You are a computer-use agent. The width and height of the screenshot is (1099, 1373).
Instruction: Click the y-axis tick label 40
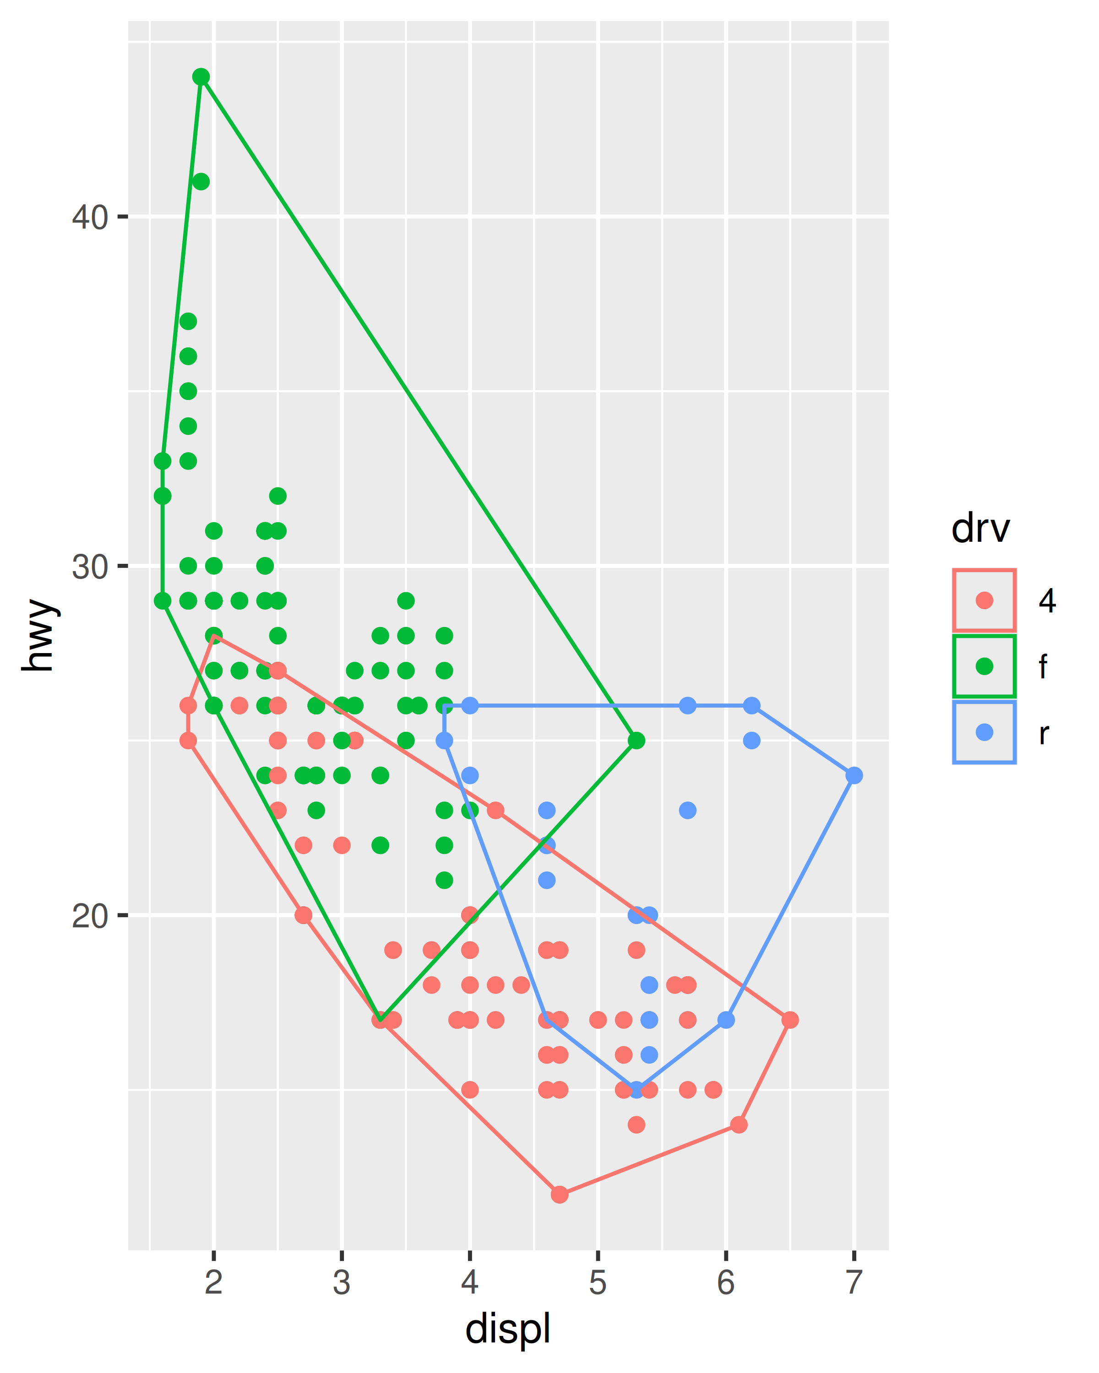pos(89,217)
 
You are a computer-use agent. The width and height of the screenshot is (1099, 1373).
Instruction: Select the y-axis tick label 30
pos(89,566)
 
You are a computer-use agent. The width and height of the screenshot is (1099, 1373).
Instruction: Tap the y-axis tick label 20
pos(89,916)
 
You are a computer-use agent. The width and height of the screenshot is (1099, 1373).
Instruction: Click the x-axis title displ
pos(508,1330)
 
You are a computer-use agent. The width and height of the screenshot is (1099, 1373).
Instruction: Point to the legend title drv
pos(980,529)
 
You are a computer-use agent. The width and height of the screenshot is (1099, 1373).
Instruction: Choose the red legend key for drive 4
pos(985,600)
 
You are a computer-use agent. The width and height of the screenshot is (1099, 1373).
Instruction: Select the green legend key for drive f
pos(985,666)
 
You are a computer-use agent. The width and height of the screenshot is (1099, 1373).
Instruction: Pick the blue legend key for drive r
pos(985,732)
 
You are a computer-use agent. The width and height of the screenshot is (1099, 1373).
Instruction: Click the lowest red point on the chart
pos(560,1195)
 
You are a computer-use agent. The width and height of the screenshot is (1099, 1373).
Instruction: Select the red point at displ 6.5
pos(790,1020)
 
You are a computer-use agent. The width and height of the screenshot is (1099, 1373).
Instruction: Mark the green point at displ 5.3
pos(636,741)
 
